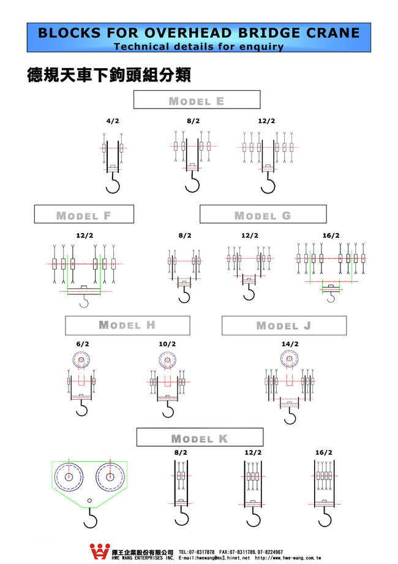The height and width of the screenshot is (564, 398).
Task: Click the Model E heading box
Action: (x=197, y=100)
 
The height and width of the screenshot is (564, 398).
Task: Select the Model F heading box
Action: (x=83, y=215)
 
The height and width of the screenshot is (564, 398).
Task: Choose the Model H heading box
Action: (x=127, y=325)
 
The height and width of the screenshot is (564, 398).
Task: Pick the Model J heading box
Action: (x=283, y=326)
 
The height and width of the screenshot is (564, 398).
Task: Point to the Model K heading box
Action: (x=199, y=438)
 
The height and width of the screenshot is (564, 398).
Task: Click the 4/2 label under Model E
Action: (x=112, y=121)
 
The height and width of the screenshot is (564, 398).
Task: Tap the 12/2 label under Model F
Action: (x=84, y=235)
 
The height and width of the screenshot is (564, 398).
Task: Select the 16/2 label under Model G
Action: (x=331, y=235)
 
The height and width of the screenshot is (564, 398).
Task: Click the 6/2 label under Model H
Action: (x=83, y=344)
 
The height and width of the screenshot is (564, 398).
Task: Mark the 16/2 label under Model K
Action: (x=324, y=452)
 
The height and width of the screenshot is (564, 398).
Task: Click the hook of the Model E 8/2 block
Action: (x=193, y=185)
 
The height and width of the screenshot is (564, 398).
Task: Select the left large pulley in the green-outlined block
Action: (x=69, y=477)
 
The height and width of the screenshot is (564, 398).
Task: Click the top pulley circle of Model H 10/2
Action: (x=167, y=360)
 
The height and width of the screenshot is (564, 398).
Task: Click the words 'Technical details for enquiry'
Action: (x=198, y=46)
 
